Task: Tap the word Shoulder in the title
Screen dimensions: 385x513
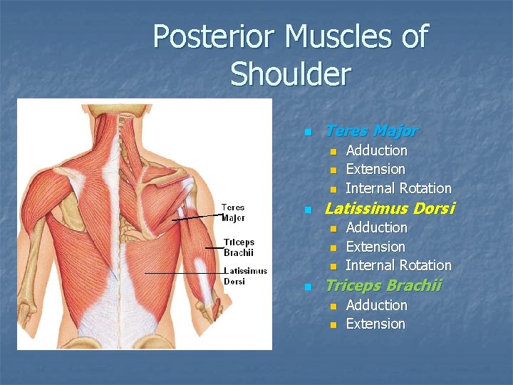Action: click(291, 73)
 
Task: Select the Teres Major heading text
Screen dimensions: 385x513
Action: click(371, 131)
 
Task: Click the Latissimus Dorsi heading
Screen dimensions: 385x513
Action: click(389, 209)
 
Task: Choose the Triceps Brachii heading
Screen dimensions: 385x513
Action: click(383, 286)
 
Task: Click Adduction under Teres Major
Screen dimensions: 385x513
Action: click(376, 150)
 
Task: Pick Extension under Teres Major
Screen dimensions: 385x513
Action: click(375, 169)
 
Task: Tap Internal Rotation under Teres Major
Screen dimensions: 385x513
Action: click(398, 188)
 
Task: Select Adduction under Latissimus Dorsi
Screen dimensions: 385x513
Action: click(376, 227)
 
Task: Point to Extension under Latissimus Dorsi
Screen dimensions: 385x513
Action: click(375, 247)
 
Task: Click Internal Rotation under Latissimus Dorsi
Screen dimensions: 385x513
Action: click(398, 265)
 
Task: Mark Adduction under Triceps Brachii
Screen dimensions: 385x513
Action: click(376, 305)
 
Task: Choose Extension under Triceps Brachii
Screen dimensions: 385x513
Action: click(375, 324)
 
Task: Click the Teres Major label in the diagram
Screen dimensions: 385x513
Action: click(233, 212)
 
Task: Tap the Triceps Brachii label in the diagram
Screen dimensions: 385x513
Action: click(238, 247)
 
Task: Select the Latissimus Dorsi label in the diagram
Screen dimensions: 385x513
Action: click(245, 276)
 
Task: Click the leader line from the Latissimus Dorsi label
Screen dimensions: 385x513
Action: click(182, 273)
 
